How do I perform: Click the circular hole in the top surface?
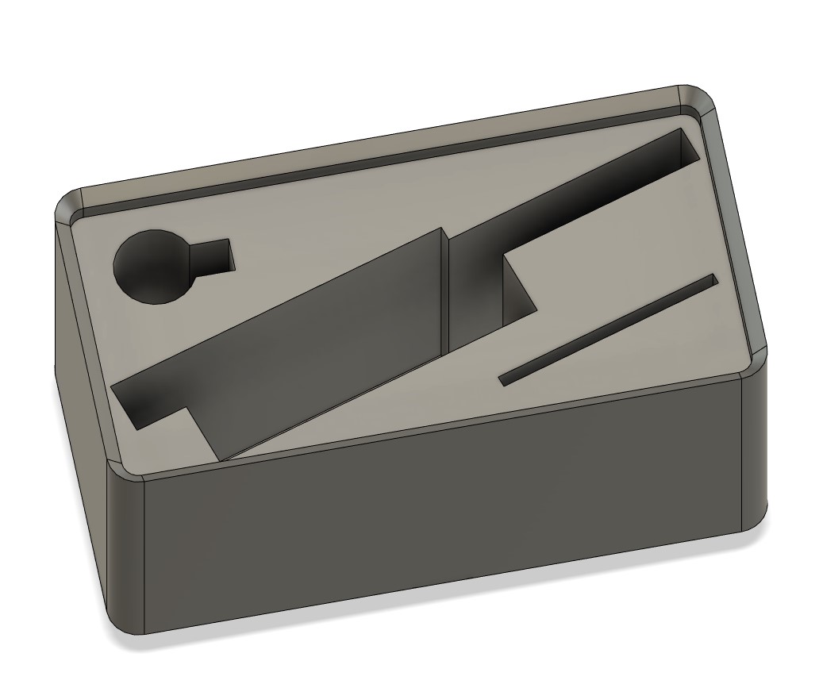click(154, 267)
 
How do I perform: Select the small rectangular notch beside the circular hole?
click(213, 257)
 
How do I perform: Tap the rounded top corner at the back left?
click(70, 204)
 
